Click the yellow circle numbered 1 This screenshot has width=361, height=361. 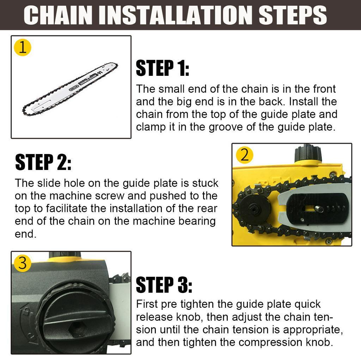coord(23,48)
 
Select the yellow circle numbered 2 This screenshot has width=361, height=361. coord(245,155)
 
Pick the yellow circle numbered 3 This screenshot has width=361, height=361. coord(23,263)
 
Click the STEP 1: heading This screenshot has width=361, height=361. coord(163,68)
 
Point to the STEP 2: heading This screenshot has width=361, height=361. coord(43,162)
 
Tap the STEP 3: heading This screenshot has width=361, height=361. coord(164,284)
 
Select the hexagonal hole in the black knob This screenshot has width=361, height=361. coord(77,328)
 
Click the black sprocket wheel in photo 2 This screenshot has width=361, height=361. coord(253,210)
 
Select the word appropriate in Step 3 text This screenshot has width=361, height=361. coord(313,330)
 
